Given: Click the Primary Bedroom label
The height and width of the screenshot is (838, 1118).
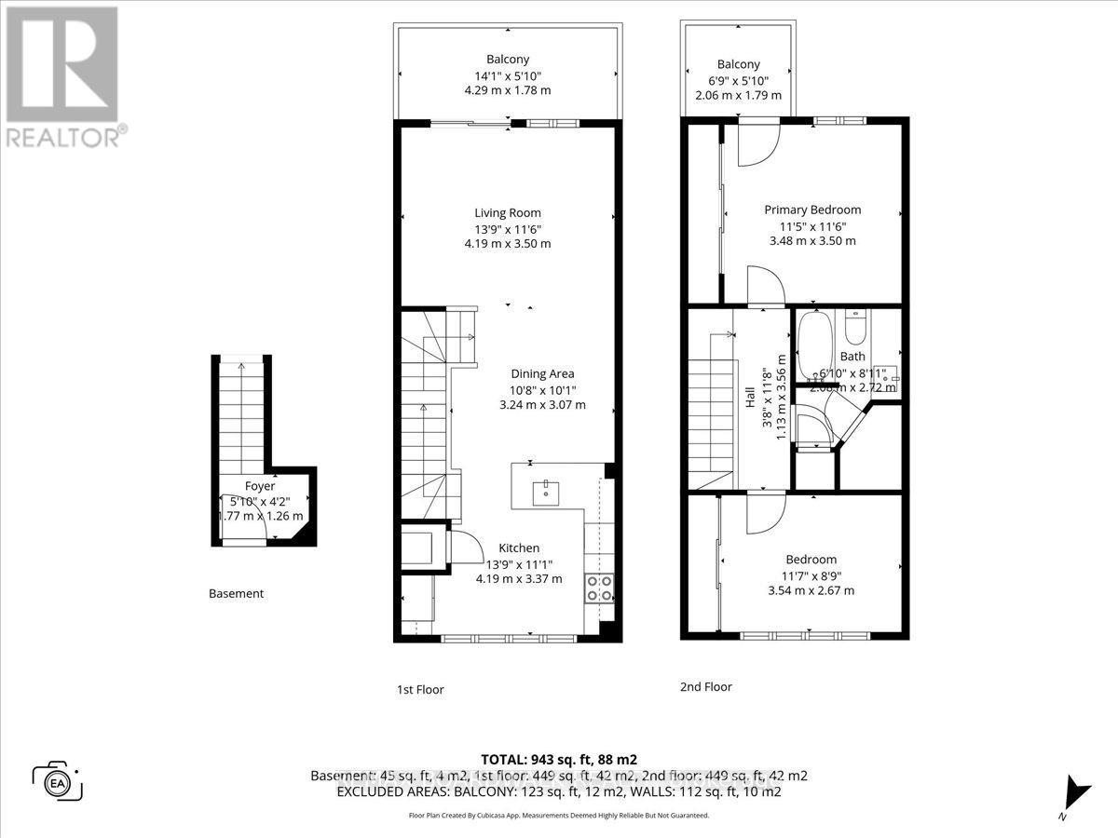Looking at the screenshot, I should coord(812,209).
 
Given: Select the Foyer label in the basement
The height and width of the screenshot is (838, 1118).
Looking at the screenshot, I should coord(260,486).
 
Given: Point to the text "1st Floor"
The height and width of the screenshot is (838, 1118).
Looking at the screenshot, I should coord(419,690).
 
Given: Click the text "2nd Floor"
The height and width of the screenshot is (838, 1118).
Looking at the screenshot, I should coord(705,687).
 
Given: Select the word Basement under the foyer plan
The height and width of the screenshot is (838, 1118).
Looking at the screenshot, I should coord(236,593).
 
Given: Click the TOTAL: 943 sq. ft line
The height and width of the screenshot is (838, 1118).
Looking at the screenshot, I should coord(559,759).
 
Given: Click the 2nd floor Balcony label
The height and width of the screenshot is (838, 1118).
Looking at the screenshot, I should coord(738,64).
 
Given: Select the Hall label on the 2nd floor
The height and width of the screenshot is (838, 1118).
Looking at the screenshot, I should coord(750,399).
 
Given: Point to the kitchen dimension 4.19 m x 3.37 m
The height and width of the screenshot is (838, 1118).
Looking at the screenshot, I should coord(518,578).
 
